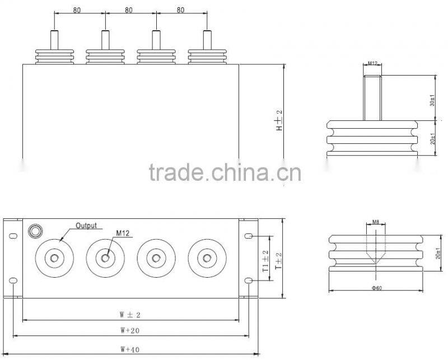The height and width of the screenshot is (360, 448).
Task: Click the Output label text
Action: [87, 226]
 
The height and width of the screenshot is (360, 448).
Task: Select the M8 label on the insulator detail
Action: [376, 222]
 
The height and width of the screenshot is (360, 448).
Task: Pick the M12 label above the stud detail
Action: [372, 64]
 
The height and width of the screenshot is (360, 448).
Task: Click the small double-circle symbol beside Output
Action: [35, 230]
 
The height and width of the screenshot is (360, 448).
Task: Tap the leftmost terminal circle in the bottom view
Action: [54, 258]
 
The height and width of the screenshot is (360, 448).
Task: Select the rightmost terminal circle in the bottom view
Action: [207, 258]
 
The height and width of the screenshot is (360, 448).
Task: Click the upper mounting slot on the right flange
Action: [249, 237]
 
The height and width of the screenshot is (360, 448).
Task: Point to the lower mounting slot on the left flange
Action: [13, 279]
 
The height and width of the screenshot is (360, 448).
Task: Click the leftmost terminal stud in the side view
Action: [54, 40]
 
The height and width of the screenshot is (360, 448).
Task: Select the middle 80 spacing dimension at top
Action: [129, 10]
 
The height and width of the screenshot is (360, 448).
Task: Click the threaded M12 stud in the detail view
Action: [372, 96]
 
